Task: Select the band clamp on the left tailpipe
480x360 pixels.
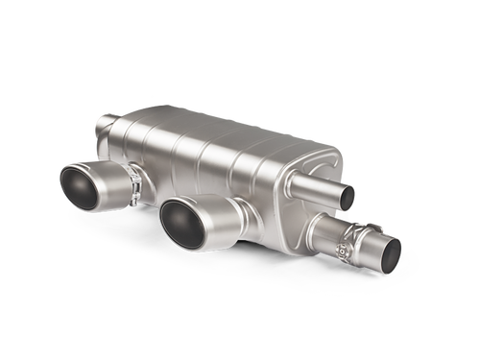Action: click(x=125, y=181)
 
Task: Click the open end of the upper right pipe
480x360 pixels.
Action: click(x=347, y=197)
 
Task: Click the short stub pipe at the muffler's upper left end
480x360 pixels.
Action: click(x=107, y=124)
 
